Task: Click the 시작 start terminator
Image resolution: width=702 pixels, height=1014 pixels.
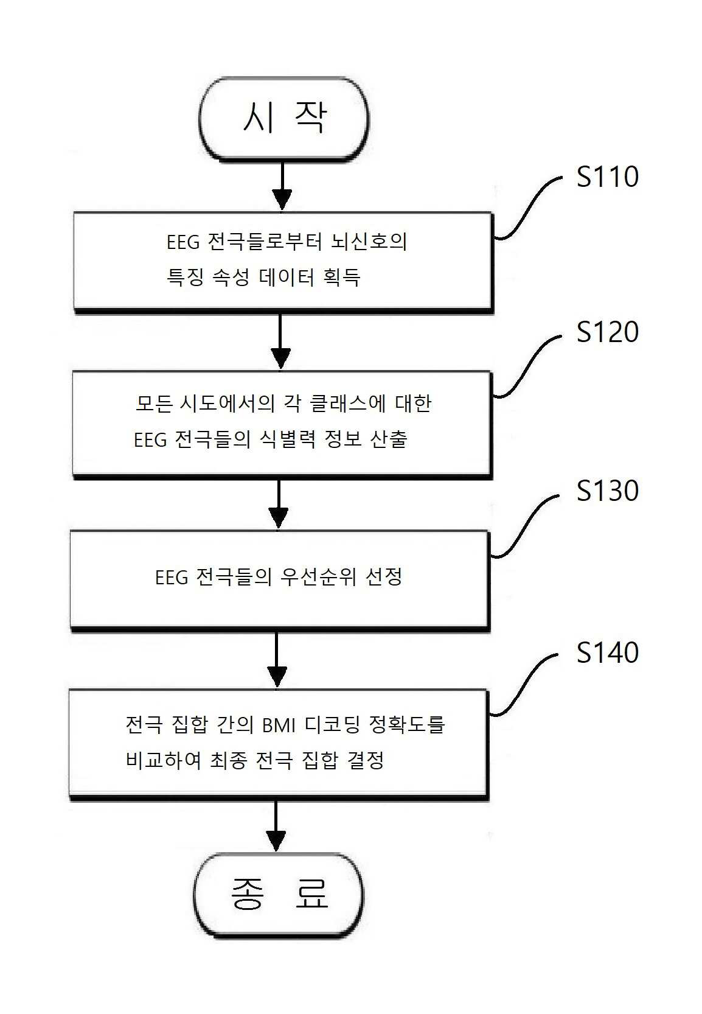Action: [x=284, y=118]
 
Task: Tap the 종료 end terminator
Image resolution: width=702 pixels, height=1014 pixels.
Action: [x=279, y=895]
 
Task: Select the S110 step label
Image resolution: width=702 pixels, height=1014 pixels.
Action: [x=607, y=177]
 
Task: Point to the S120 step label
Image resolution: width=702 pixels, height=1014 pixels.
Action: [x=607, y=332]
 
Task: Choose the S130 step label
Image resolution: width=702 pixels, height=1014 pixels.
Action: [x=607, y=491]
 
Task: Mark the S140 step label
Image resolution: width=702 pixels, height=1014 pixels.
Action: [x=607, y=653]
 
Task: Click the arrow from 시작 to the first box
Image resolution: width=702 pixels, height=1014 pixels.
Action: [x=282, y=186]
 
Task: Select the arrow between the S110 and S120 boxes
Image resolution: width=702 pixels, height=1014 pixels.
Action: [x=280, y=341]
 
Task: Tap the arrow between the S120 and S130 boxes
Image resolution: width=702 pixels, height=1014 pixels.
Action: [x=278, y=504]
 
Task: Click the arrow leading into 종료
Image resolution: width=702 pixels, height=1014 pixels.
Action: [x=276, y=826]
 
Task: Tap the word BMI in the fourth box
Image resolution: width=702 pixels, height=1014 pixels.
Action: [x=279, y=725]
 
